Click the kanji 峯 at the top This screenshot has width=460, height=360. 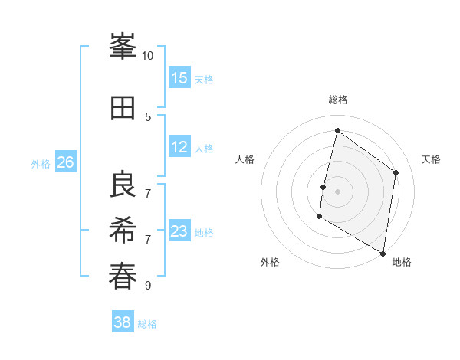click(x=123, y=47)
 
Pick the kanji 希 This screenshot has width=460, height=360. click(x=123, y=231)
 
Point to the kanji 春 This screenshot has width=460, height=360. click(x=123, y=277)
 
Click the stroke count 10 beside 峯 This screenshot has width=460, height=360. click(x=148, y=56)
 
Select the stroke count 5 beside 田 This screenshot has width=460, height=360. click(x=148, y=117)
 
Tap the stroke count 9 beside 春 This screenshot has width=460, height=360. click(x=148, y=286)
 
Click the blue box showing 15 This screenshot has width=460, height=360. click(x=179, y=78)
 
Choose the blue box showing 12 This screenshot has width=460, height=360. click(x=179, y=147)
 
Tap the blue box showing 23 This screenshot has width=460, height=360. click(x=179, y=231)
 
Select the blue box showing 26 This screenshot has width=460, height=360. click(x=66, y=162)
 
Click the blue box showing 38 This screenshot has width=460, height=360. click(x=123, y=322)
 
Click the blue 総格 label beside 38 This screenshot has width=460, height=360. click(x=148, y=324)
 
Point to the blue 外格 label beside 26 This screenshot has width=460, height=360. click(x=41, y=163)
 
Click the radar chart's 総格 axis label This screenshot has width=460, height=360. click(x=337, y=100)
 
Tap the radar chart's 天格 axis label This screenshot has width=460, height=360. click(x=432, y=159)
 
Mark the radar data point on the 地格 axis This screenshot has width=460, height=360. click(x=383, y=253)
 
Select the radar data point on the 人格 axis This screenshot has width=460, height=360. click(x=324, y=187)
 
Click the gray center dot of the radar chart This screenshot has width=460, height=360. click(x=337, y=191)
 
